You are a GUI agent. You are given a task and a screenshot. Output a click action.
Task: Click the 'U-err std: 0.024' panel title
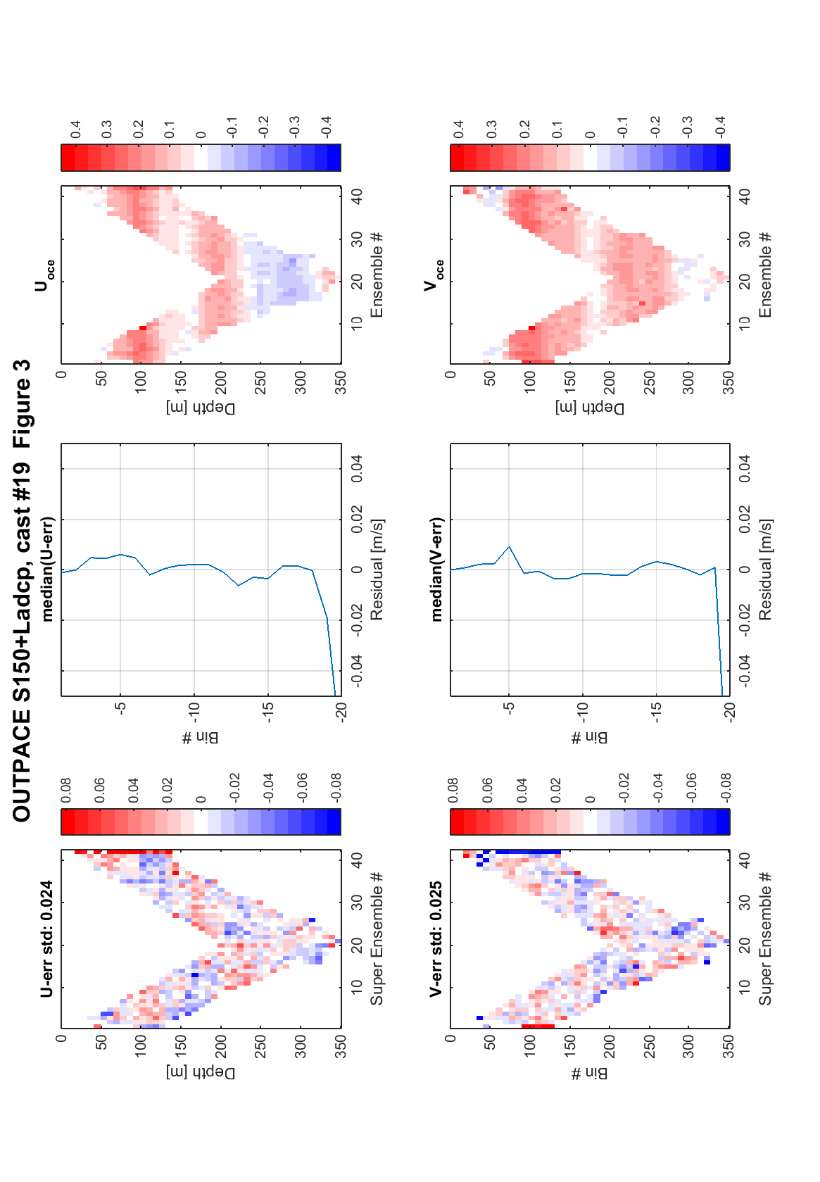click(x=46, y=938)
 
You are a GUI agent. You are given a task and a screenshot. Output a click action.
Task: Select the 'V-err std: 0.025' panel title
click(x=435, y=938)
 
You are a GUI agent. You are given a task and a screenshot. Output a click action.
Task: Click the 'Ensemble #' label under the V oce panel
click(x=764, y=275)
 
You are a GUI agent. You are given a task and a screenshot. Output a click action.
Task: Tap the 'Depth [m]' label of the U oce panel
click(x=201, y=408)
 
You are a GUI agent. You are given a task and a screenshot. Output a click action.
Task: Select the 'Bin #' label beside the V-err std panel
click(x=589, y=1074)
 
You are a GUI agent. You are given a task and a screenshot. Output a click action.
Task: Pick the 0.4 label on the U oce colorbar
click(x=75, y=130)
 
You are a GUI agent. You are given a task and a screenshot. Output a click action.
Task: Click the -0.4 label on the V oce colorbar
click(x=720, y=127)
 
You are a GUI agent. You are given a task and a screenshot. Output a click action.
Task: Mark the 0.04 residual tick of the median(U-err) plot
click(x=357, y=468)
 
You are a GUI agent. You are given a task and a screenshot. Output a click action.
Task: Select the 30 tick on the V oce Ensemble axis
click(x=745, y=239)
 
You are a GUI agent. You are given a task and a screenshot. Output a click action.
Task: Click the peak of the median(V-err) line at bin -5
click(x=509, y=546)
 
